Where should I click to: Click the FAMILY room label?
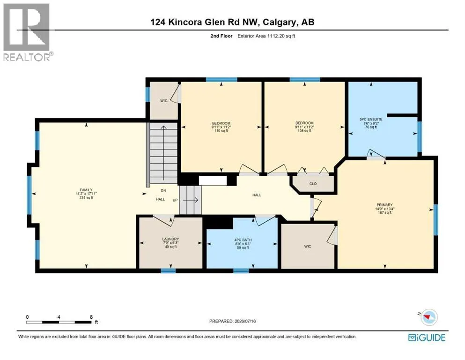click(86, 190)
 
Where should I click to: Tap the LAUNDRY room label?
click(170, 239)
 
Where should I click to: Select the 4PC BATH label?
click(243, 240)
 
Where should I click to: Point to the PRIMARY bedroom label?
click(384, 205)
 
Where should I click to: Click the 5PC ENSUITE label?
click(371, 120)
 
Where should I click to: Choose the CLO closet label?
click(313, 184)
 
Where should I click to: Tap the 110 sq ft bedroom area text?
click(221, 131)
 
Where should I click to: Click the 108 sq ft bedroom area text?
click(304, 131)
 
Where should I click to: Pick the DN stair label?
click(163, 190)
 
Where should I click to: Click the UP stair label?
click(175, 200)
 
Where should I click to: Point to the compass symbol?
click(428, 317)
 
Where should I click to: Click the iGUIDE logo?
click(427, 337)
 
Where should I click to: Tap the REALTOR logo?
click(27, 32)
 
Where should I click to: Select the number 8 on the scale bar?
click(91, 317)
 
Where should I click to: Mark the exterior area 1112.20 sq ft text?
click(266, 36)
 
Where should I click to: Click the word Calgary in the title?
click(280, 22)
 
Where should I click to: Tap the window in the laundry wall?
click(168, 270)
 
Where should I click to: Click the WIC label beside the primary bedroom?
click(308, 247)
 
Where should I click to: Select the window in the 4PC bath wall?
click(241, 270)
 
